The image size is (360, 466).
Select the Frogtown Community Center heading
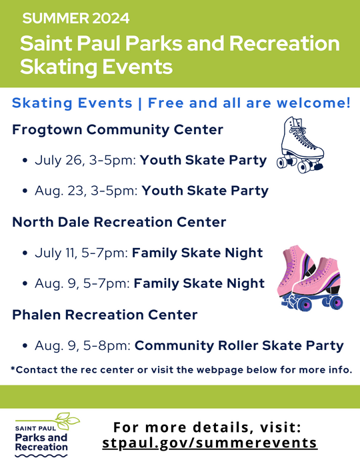tap(117, 129)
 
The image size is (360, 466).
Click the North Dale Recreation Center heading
tap(119, 222)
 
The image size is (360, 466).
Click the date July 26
tap(56, 161)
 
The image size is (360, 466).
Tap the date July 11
tap(55, 253)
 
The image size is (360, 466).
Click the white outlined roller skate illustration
tap(301, 144)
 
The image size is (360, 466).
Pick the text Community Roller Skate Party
tap(239, 346)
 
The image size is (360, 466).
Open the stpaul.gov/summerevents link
tap(210, 443)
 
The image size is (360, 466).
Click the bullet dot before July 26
tap(25, 161)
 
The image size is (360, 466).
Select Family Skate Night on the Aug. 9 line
tap(199, 283)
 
